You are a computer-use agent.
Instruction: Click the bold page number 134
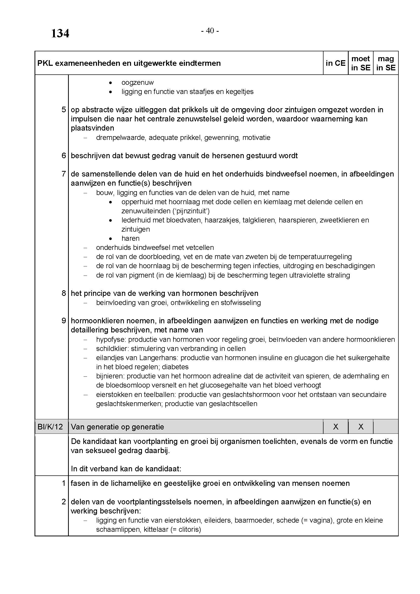pos(60,34)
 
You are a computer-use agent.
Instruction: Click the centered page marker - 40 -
pos(210,31)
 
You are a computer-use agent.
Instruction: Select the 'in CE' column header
pos(335,63)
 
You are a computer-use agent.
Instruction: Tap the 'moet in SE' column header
pos(361,63)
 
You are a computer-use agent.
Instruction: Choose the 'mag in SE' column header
pos(386,63)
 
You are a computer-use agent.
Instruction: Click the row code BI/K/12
pos(50,427)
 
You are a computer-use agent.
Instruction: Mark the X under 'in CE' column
pos(336,427)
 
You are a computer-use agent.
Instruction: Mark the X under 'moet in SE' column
pos(361,427)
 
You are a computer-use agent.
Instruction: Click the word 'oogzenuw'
pos(137,83)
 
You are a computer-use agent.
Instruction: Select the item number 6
pos(64,156)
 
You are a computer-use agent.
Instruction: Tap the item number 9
pos(64,321)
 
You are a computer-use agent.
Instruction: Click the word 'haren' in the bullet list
pos(130,238)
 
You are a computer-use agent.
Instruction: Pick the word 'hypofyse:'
pos(111,340)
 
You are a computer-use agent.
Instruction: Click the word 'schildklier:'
pos(112,348)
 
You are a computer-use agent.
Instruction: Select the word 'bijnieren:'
pos(110,376)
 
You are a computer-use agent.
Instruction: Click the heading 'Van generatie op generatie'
pos(117,427)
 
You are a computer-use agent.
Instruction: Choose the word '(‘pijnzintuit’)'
pos(191,211)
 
